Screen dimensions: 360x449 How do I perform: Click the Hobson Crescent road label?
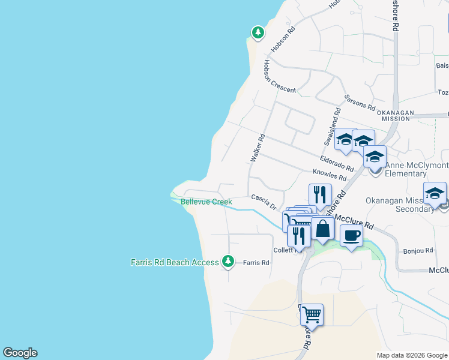click(x=279, y=77)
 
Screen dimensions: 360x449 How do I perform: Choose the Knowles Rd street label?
click(x=330, y=175)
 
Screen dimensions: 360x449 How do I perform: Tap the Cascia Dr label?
click(x=264, y=202)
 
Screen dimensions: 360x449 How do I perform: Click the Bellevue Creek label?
click(x=206, y=202)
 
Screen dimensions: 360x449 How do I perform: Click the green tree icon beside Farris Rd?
click(x=228, y=261)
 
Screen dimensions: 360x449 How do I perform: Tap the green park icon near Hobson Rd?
click(x=258, y=32)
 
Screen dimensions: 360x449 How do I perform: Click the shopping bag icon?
click(x=322, y=229)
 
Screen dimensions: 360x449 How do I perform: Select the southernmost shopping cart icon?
click(x=312, y=314)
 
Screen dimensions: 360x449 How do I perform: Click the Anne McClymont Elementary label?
click(x=414, y=169)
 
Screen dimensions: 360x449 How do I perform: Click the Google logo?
click(x=20, y=353)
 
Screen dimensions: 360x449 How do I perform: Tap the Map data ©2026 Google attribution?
click(x=411, y=355)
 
